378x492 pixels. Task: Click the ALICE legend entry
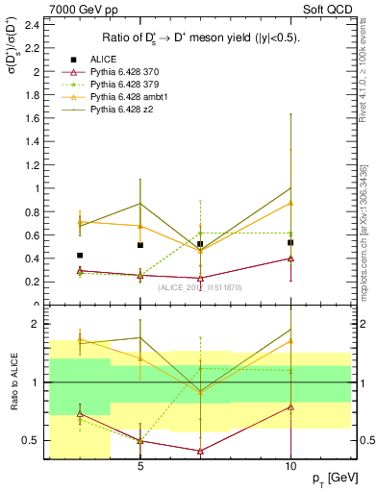point(101,59)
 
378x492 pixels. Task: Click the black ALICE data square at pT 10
point(290,242)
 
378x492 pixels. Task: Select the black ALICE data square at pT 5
point(140,245)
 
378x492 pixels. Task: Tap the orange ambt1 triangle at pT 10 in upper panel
point(290,203)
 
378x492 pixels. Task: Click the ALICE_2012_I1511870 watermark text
point(200,287)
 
